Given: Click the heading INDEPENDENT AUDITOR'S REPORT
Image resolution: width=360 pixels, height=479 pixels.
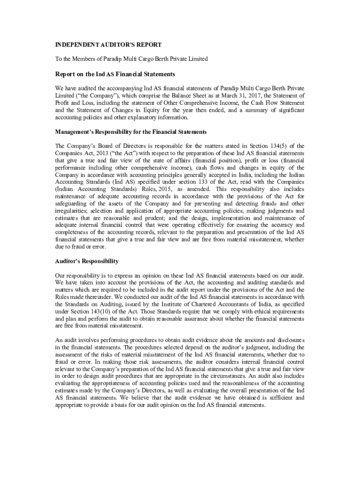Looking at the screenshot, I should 108,45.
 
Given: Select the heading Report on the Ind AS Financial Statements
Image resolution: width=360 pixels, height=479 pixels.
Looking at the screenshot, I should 115,74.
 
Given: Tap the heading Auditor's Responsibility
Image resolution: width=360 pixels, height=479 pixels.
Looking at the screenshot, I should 87,261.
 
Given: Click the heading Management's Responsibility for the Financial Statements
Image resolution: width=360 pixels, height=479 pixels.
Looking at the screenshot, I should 131,132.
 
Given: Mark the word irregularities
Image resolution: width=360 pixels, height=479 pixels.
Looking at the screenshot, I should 71,211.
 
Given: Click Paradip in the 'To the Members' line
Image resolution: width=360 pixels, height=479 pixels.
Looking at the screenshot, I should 110,59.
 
